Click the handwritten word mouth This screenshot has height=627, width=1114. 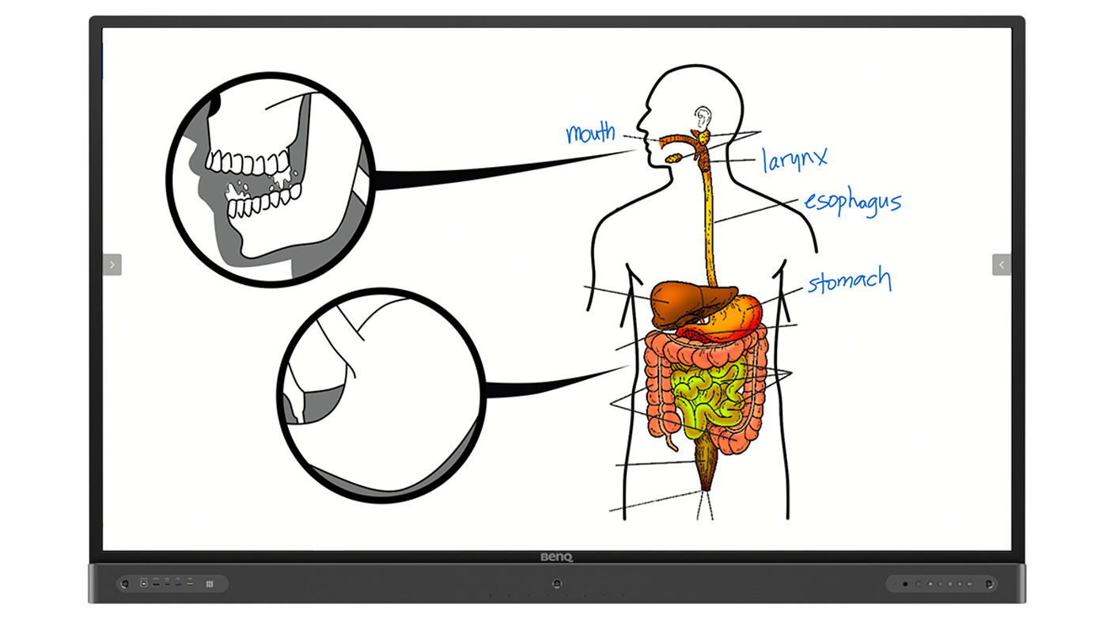coord(591,133)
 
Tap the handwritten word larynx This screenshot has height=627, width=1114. coord(794,158)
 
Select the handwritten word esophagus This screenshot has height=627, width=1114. coord(852,202)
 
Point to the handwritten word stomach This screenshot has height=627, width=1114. coord(849,281)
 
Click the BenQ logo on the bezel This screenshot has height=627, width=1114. coord(556,557)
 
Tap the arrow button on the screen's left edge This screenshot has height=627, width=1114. coord(112,264)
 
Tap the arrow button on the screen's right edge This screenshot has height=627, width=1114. coord(1002,264)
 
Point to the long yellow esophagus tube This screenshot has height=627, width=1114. coord(709,222)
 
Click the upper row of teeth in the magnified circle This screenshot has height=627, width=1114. coord(247,162)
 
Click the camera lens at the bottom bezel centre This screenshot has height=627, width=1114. coord(557,583)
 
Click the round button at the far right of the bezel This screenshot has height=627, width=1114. coord(988,584)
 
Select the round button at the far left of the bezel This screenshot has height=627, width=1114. coord(125,584)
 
